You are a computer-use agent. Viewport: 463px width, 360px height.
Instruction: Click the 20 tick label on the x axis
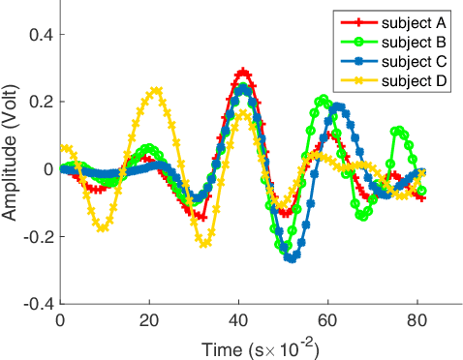tap(149, 320)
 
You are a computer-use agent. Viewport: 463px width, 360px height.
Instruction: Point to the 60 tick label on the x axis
tap(327, 320)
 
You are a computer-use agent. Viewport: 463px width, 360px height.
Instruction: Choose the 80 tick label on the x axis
tap(417, 320)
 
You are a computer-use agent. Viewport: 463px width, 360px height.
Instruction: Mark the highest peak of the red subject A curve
tap(243, 72)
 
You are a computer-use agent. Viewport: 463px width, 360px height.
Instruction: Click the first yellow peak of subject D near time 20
tap(155, 90)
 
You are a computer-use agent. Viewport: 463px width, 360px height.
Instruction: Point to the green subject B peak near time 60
tap(324, 100)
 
